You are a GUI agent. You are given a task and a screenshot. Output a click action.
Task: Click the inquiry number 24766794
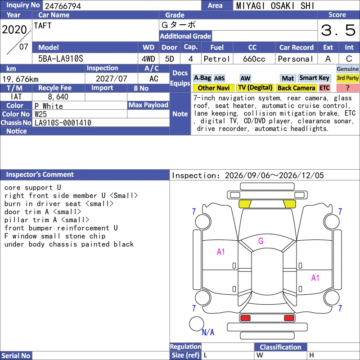(x=63, y=6)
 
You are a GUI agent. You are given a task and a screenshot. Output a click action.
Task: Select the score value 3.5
(x=338, y=30)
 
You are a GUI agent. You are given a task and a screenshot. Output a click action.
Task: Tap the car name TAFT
(x=43, y=26)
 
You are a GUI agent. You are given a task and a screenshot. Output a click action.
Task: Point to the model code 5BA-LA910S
(x=61, y=59)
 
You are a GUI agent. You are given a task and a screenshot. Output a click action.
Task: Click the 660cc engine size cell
(x=254, y=59)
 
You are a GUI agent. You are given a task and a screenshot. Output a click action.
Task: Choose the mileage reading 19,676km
(x=20, y=79)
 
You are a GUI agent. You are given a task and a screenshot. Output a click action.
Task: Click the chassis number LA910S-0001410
(x=63, y=123)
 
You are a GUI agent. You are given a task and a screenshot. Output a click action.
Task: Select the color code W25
(x=40, y=114)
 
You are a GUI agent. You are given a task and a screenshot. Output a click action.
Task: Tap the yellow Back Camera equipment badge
(x=296, y=88)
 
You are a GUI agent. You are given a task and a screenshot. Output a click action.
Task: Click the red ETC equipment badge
(x=324, y=88)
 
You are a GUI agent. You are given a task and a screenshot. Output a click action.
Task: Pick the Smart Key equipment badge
(x=314, y=78)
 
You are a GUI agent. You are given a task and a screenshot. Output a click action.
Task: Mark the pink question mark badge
(x=347, y=88)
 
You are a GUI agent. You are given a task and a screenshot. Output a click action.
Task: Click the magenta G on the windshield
(x=261, y=241)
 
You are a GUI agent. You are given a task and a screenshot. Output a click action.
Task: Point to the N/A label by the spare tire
(x=208, y=332)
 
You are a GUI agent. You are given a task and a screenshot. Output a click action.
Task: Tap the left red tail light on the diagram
(x=245, y=318)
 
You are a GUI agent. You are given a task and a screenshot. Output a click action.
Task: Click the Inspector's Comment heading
(x=40, y=175)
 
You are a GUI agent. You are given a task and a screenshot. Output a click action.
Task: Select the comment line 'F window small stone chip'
(x=55, y=236)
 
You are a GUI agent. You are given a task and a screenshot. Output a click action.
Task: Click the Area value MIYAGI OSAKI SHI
(x=275, y=6)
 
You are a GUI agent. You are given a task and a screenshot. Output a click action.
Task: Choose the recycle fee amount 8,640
(x=58, y=97)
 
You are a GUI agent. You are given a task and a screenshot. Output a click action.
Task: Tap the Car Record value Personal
(x=296, y=59)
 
